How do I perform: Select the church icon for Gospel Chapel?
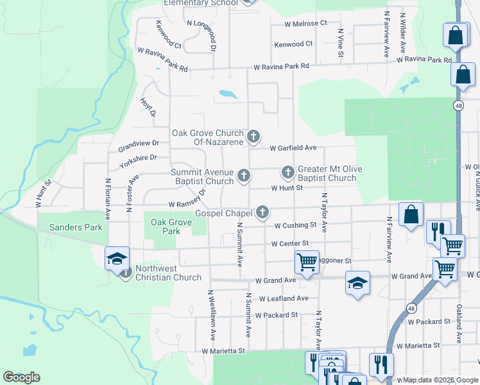(x=262, y=212)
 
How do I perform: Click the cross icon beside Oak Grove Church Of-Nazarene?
(x=254, y=136)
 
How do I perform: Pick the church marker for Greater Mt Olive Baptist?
(x=287, y=173)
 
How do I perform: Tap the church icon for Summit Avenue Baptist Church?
(x=243, y=175)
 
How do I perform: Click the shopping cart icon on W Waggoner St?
(x=307, y=262)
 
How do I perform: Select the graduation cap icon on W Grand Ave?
(x=357, y=283)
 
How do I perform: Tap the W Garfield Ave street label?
(x=293, y=148)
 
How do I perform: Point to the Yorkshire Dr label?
(x=137, y=157)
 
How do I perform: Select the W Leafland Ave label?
(x=284, y=298)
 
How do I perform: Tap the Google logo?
(x=21, y=377)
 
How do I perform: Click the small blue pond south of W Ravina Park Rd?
(x=227, y=94)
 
